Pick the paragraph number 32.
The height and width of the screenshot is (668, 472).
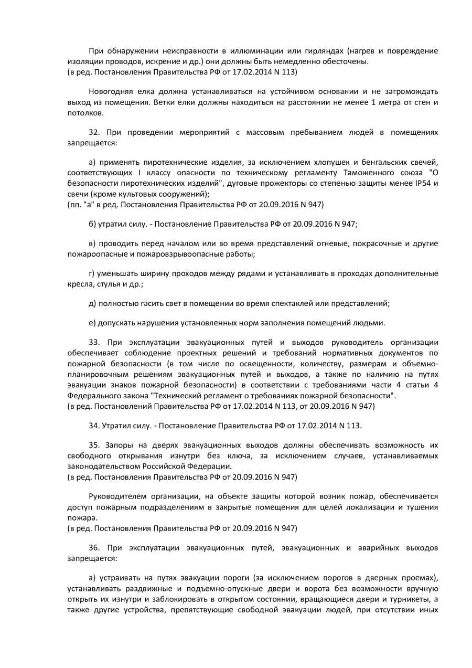pos(93,133)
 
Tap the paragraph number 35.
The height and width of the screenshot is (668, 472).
pos(93,444)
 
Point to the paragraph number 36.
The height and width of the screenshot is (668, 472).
pos(93,548)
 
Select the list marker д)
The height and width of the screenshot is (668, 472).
pos(93,303)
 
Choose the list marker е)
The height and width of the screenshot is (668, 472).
pos(93,322)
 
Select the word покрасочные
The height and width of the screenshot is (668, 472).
pos(377,244)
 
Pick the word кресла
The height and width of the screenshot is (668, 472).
pos(78,284)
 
